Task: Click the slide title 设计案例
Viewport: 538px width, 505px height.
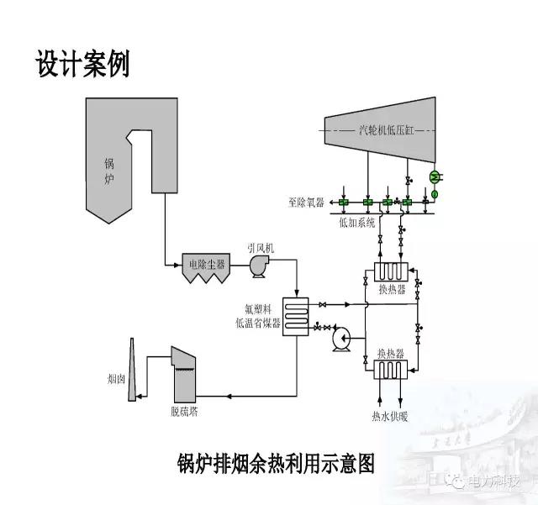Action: click(x=82, y=64)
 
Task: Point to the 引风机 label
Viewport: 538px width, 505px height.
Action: click(x=261, y=248)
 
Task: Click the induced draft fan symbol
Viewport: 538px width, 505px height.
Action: click(x=257, y=265)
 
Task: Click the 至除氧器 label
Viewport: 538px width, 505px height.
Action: click(x=305, y=202)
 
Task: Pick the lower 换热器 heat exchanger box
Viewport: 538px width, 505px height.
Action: click(x=391, y=371)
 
